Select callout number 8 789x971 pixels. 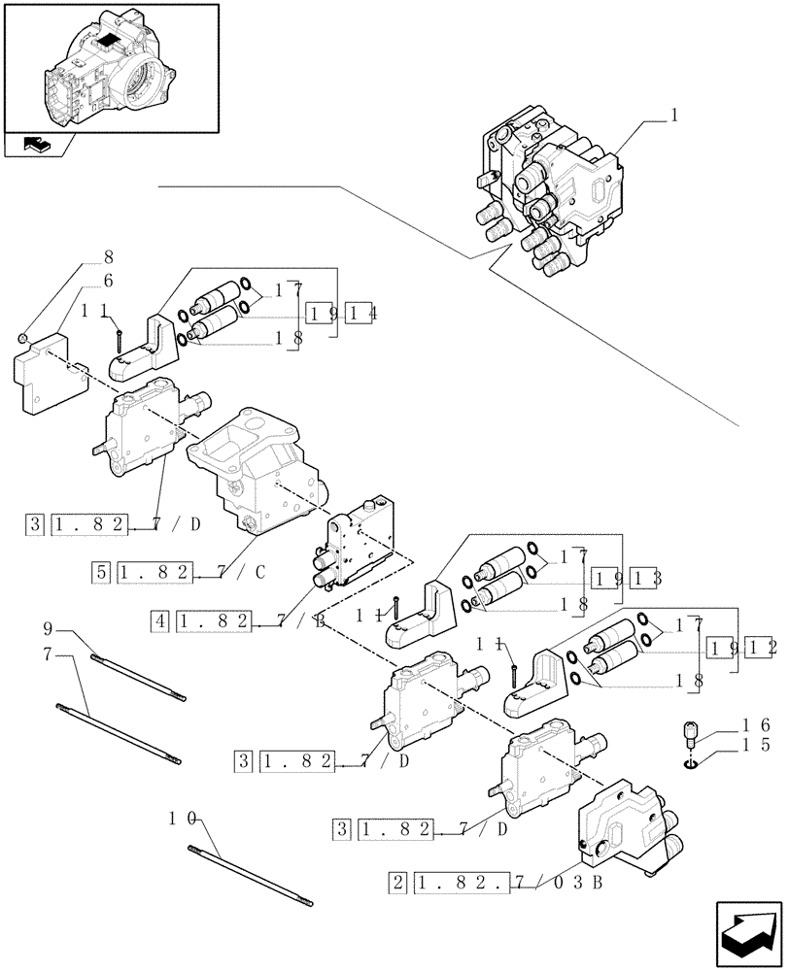[108, 259]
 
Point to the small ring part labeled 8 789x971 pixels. [22, 337]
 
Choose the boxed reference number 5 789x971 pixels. [102, 573]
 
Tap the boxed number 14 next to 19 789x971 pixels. [365, 313]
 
